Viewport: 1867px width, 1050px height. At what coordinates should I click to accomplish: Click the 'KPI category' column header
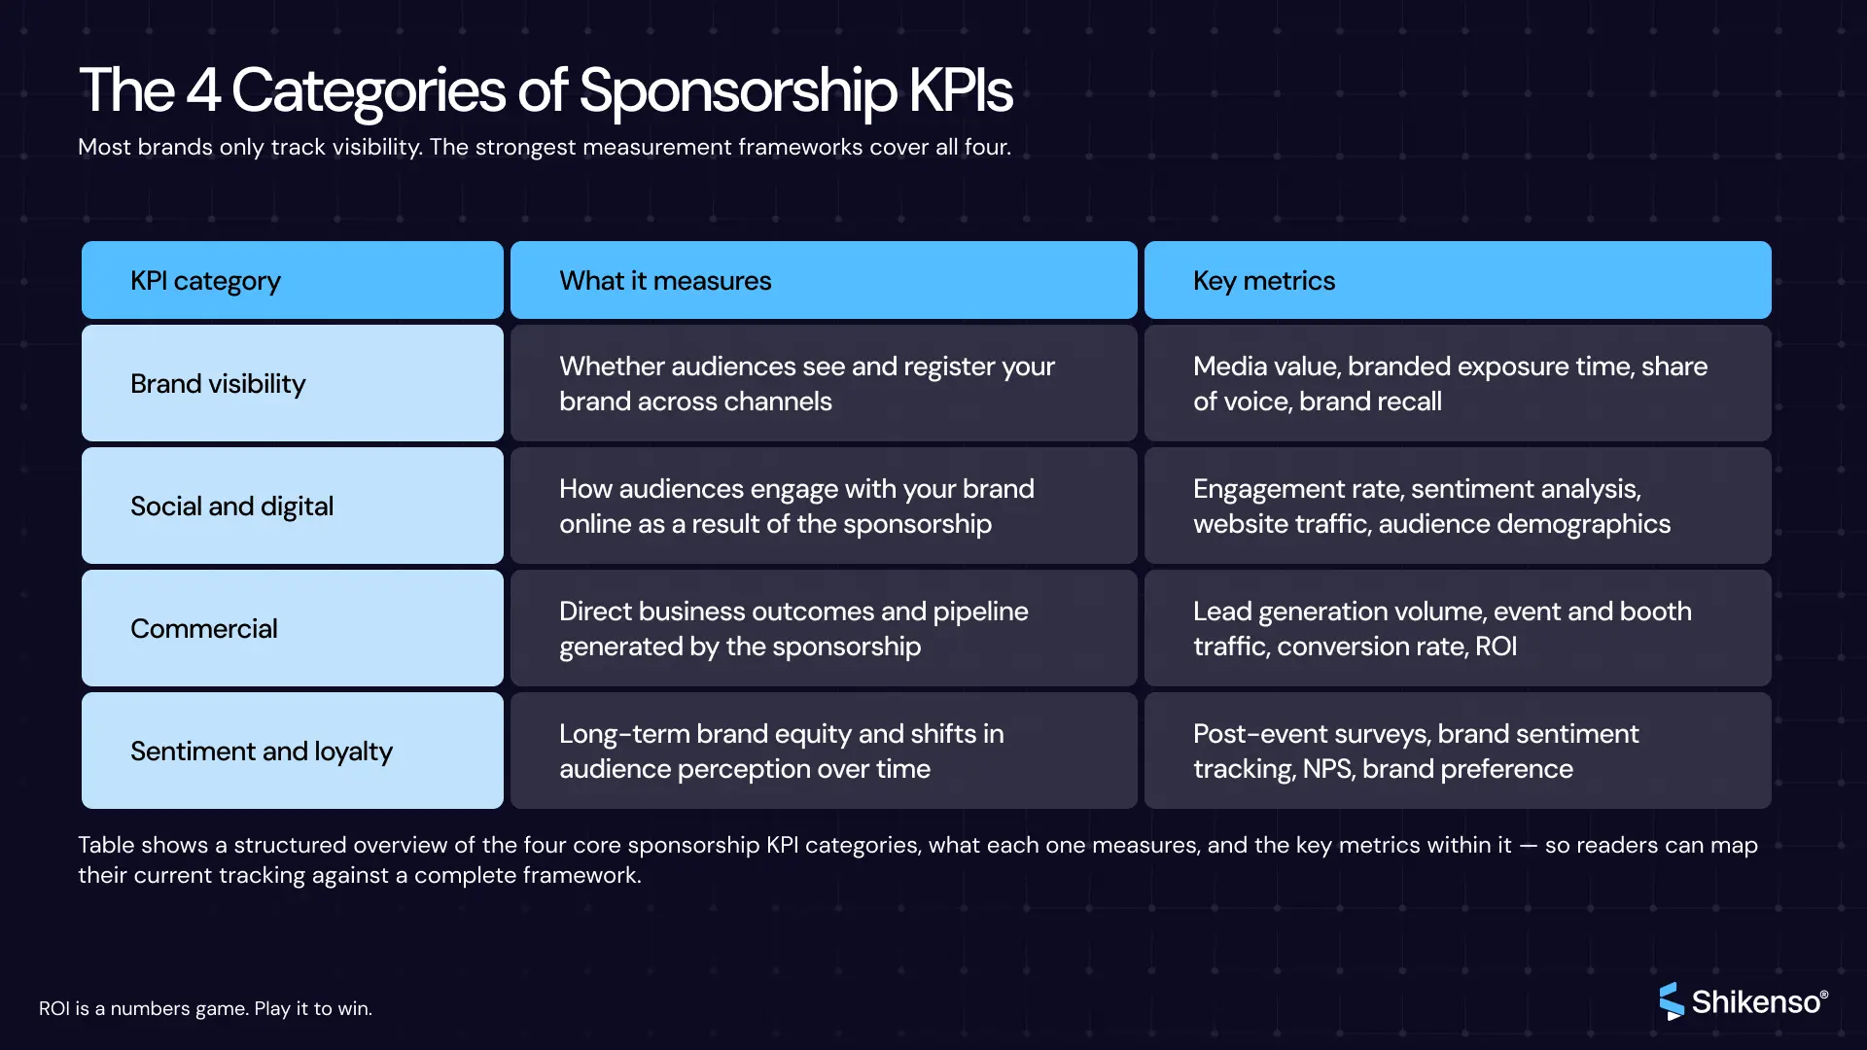[293, 280]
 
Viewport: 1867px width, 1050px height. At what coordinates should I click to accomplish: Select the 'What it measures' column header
[824, 280]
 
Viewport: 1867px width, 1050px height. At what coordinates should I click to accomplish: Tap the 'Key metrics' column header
[1458, 280]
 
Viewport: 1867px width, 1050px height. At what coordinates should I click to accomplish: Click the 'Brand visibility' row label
[293, 383]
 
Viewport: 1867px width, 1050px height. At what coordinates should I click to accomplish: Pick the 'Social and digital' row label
[293, 506]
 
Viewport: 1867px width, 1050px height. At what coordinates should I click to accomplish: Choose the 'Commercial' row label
[293, 628]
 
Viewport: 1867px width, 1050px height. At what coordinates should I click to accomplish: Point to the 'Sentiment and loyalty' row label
[293, 751]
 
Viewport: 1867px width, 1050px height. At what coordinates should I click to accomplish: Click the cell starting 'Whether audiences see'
[824, 383]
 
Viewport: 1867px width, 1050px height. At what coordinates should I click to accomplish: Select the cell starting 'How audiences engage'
[824, 506]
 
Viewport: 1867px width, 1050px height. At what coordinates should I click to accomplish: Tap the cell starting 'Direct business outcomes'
[824, 628]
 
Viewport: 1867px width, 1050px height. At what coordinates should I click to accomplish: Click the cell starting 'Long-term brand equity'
[824, 751]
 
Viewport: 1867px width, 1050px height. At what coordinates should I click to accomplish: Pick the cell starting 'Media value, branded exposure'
[1458, 383]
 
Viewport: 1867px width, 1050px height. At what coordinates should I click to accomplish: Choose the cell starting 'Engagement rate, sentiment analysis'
[1458, 506]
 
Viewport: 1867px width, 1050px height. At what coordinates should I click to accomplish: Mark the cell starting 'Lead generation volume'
[1458, 628]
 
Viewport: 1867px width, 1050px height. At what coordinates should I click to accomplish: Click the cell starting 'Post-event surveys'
[1458, 751]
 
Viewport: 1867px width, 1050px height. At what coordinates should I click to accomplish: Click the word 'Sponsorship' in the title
[738, 92]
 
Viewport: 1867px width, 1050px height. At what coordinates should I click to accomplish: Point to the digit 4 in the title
[202, 90]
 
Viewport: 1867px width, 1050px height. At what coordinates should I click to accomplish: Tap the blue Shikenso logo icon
[1671, 1000]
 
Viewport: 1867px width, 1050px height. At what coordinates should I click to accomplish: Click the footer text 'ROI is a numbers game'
[205, 1008]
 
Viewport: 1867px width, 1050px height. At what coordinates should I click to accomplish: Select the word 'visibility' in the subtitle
[374, 147]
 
